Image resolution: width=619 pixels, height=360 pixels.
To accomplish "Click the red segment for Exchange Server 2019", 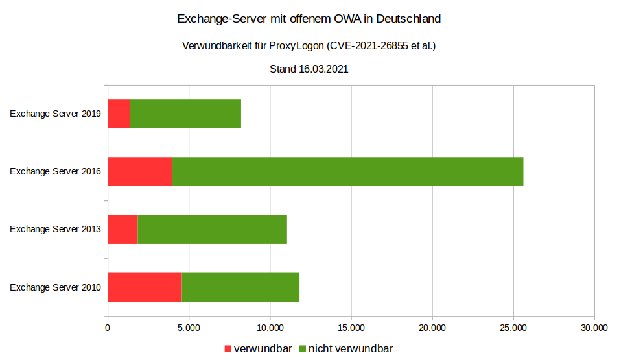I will coord(119,114).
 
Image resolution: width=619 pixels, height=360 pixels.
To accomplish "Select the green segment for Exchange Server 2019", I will coord(185,114).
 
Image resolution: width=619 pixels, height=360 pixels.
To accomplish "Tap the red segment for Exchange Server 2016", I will coord(140,172).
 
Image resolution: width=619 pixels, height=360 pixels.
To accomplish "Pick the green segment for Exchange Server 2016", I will coord(347,172).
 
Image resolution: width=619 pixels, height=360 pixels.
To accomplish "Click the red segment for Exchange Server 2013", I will coord(123,230).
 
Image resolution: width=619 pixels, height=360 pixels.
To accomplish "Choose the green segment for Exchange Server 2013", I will coord(212,230).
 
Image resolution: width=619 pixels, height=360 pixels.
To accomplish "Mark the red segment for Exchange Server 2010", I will coord(145,287).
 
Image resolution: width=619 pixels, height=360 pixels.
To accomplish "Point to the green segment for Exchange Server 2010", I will coord(240,287).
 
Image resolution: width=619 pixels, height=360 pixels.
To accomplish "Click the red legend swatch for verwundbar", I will coord(228,349).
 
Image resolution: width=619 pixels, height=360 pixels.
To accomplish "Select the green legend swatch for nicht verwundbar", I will coord(302,349).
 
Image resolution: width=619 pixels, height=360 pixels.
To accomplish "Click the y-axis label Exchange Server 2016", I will coord(55,172).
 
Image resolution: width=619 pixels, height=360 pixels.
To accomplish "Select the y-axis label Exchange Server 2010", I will coord(55,287).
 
